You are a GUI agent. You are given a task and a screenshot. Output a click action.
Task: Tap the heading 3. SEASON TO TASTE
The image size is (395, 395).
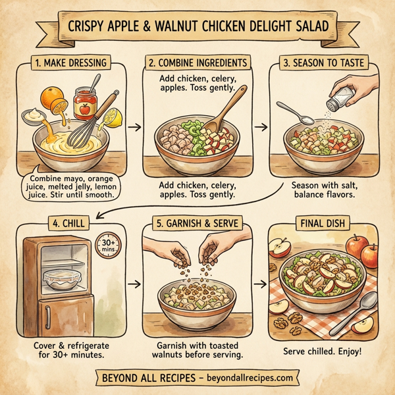point(322,65)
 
